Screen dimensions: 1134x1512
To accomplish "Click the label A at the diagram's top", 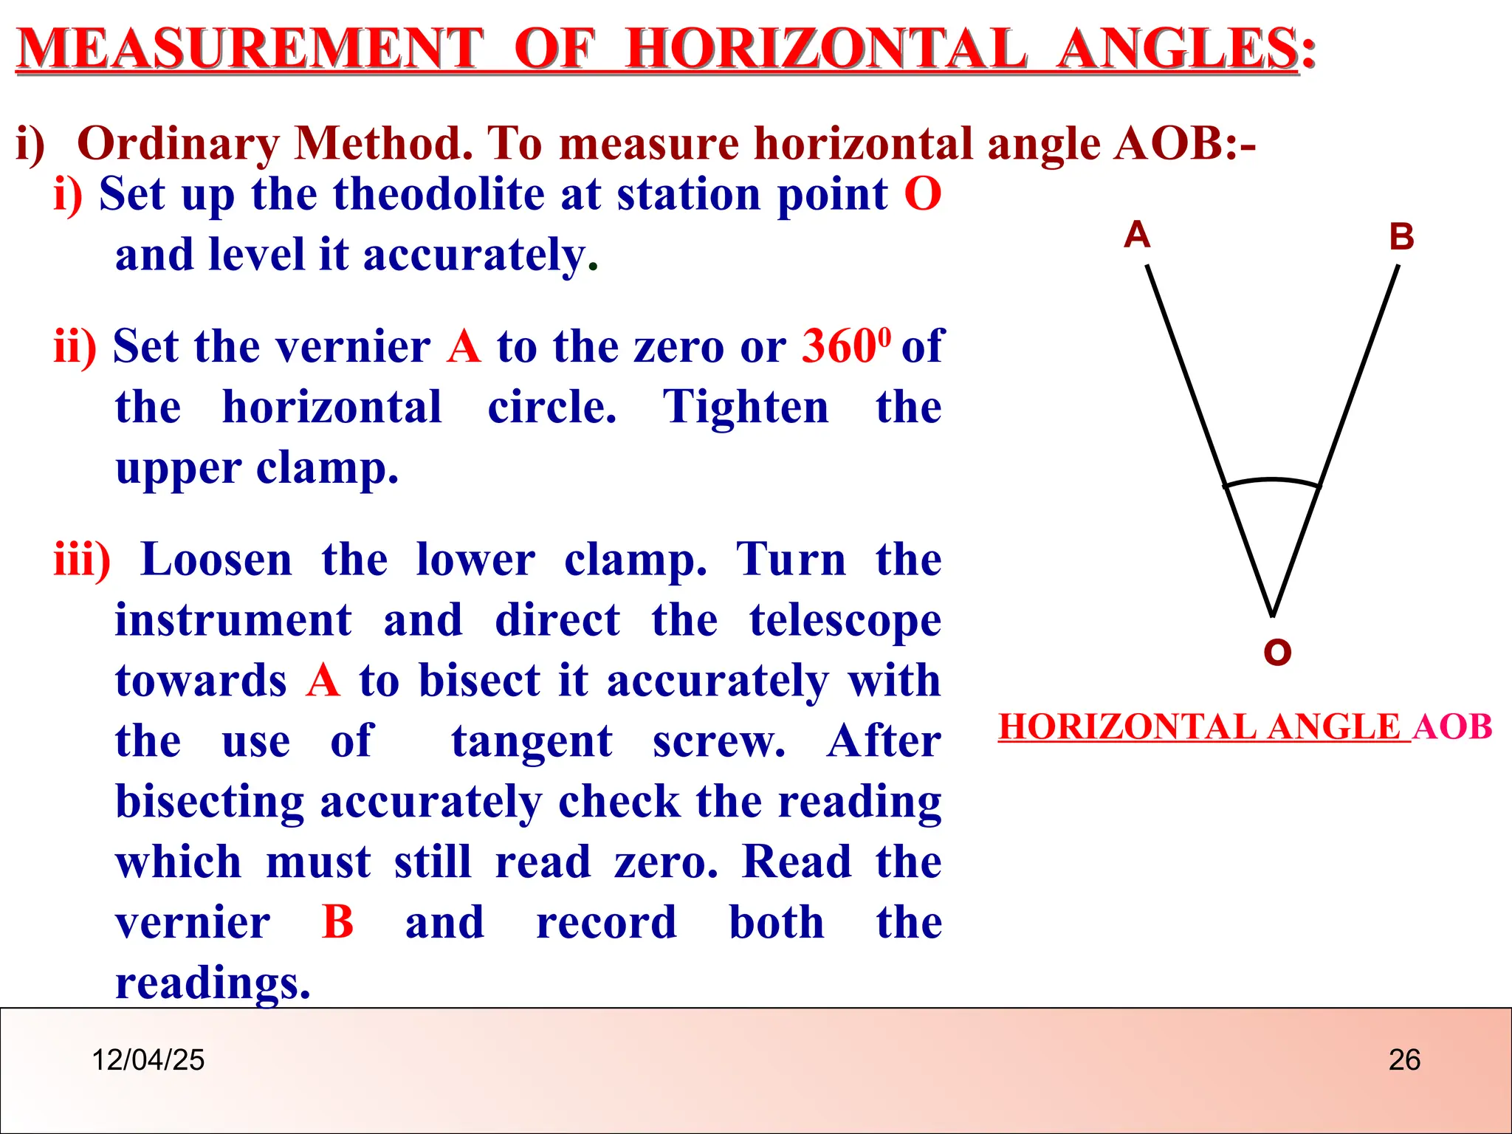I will (x=1137, y=235).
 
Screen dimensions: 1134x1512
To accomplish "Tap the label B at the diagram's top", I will (x=1401, y=237).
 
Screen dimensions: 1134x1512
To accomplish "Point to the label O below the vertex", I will (x=1277, y=653).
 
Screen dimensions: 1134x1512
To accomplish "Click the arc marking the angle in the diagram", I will (x=1272, y=481).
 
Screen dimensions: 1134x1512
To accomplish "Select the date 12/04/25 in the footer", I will (x=148, y=1060).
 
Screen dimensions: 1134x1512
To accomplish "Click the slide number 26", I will (x=1404, y=1060).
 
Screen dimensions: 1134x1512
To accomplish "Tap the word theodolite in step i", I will (x=439, y=194).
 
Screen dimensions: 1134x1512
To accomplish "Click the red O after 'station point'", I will (x=923, y=194).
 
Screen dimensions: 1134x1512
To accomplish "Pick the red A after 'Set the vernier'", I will (x=464, y=346).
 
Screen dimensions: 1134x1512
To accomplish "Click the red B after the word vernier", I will (x=338, y=922).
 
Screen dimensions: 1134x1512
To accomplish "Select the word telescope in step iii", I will (x=845, y=620).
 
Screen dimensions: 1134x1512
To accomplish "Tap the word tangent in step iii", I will (x=532, y=740).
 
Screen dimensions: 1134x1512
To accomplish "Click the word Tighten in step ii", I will (x=746, y=408).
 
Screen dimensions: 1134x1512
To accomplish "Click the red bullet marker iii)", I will (x=82, y=559).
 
